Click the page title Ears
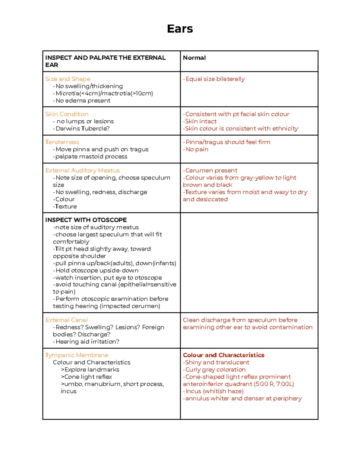pyautogui.click(x=180, y=29)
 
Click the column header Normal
pyautogui.click(x=194, y=58)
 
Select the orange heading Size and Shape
pyautogui.click(x=68, y=79)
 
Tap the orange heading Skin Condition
pyautogui.click(x=67, y=114)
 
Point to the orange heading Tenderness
pyautogui.click(x=62, y=142)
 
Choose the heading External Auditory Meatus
pyautogui.click(x=82, y=170)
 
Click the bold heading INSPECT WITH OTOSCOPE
pyautogui.click(x=86, y=220)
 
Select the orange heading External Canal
pyautogui.click(x=67, y=320)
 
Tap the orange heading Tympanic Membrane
pyautogui.click(x=76, y=355)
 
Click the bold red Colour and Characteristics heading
pyautogui.click(x=223, y=355)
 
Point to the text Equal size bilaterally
pyautogui.click(x=214, y=79)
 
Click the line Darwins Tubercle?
pyautogui.click(x=82, y=128)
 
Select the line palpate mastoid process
pyautogui.click(x=90, y=156)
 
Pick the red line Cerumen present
pyautogui.click(x=211, y=170)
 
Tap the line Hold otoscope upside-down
pyautogui.click(x=96, y=270)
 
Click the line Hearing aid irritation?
pyautogui.click(x=86, y=341)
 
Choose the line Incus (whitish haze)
pyautogui.click(x=214, y=391)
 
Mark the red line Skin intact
pyautogui.click(x=200, y=121)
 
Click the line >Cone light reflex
pyautogui.click(x=86, y=377)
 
